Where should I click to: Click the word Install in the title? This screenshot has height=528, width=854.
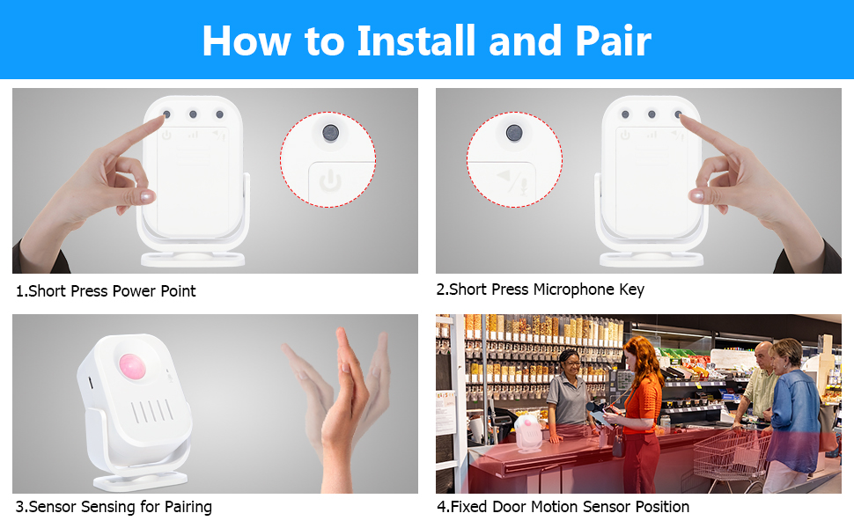(416, 40)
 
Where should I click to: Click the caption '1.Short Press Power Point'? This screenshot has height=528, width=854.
(106, 291)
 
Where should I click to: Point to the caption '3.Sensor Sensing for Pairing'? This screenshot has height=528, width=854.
(114, 507)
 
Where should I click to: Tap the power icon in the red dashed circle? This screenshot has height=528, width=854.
(330, 180)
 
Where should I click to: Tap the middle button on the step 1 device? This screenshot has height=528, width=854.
(193, 114)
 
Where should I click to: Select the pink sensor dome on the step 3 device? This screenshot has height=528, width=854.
(132, 367)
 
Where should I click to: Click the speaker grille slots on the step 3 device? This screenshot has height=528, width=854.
(152, 412)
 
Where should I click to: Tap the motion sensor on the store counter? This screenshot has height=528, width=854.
(527, 433)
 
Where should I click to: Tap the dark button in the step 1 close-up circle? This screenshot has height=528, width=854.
(330, 132)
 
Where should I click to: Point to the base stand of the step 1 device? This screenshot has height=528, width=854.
(193, 259)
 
